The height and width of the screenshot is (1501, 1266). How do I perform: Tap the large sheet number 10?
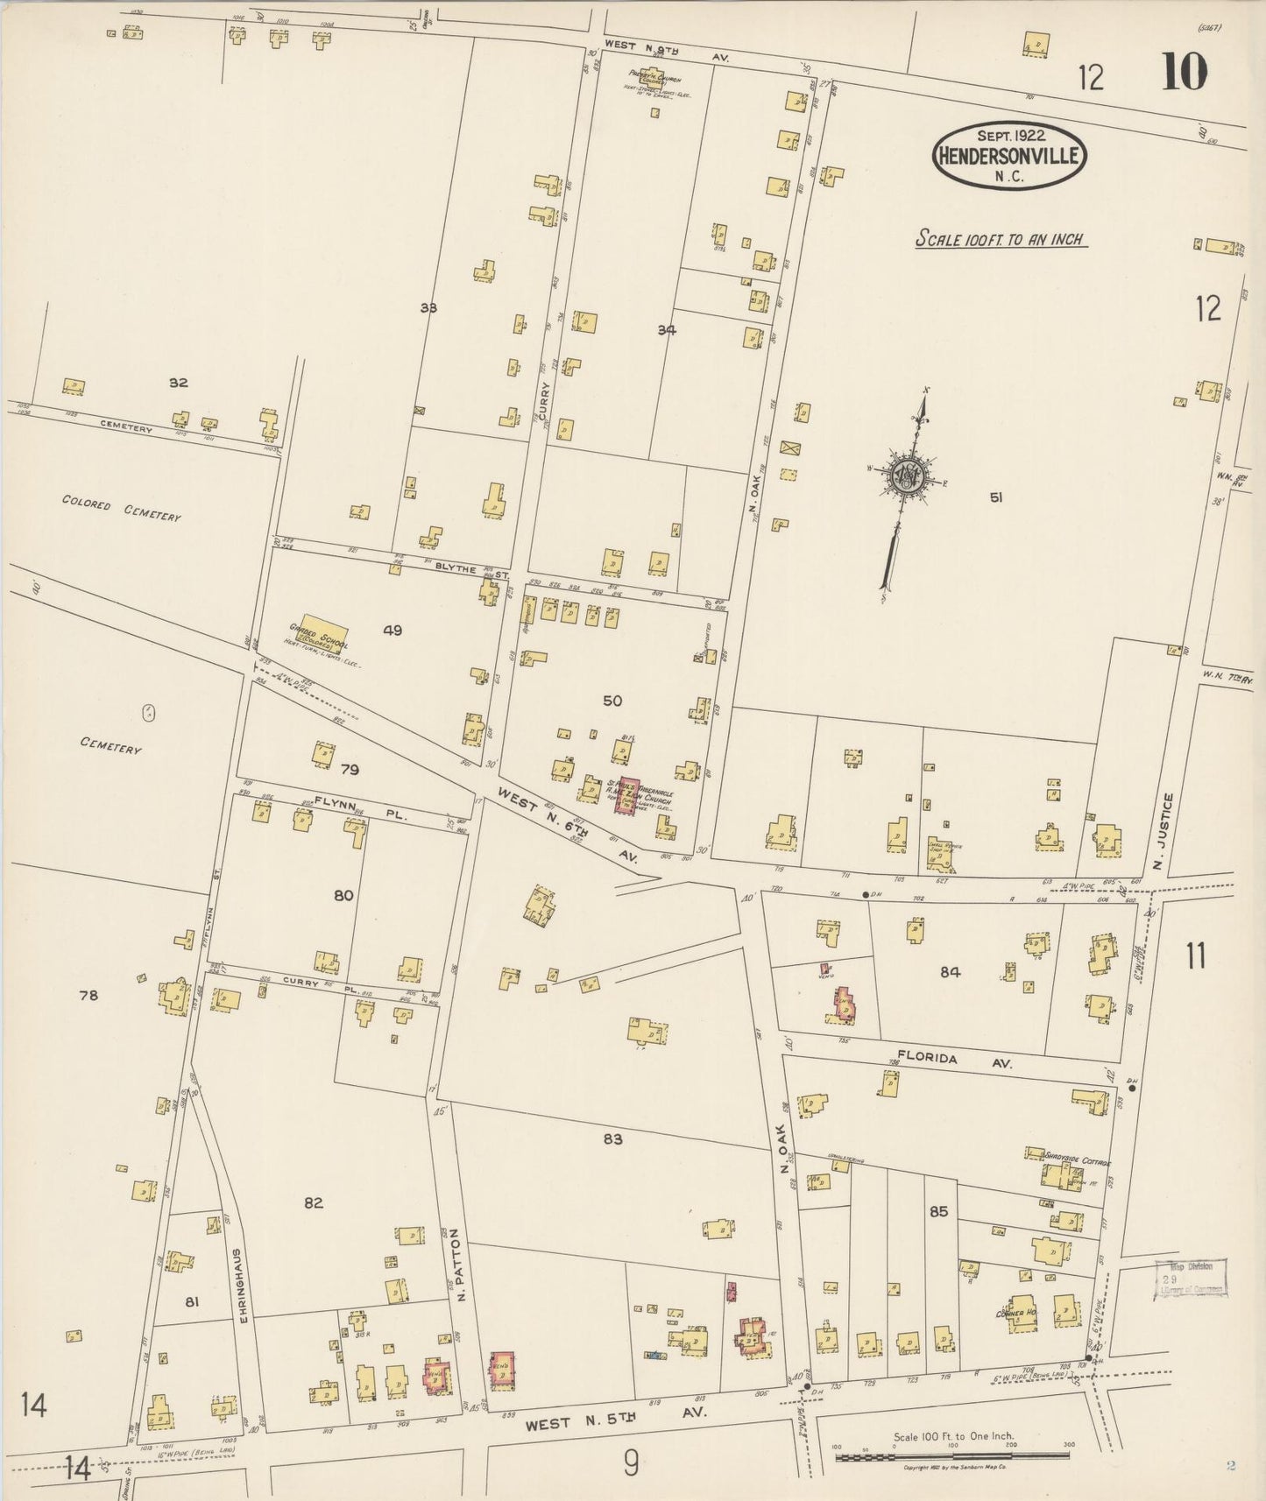(x=1185, y=74)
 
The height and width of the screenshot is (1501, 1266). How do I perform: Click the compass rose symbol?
(x=906, y=477)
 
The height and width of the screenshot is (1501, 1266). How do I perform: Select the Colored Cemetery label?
(x=121, y=507)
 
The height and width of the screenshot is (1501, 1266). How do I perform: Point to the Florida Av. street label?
(x=953, y=1060)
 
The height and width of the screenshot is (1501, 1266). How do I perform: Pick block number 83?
(x=612, y=1139)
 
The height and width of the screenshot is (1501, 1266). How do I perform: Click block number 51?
(x=995, y=497)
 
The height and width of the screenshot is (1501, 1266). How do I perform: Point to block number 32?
(x=179, y=382)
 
